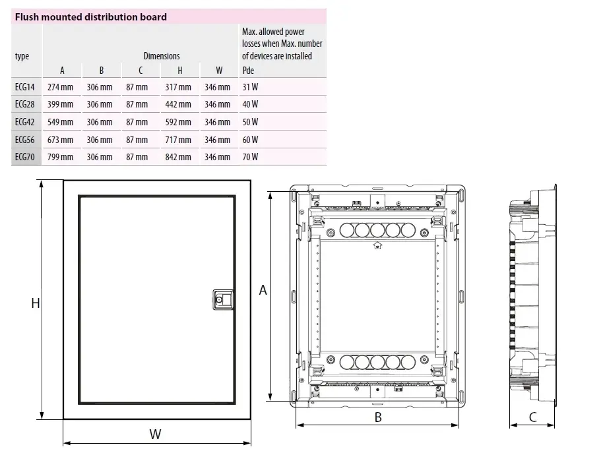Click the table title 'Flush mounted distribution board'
click(90, 17)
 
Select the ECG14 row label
click(24, 87)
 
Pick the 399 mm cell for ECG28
click(60, 104)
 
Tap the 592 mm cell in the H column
click(178, 122)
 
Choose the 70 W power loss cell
click(250, 157)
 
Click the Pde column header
click(248, 70)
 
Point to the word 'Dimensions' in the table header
click(162, 56)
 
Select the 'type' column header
click(22, 56)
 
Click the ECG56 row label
click(24, 140)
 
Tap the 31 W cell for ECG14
click(250, 87)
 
